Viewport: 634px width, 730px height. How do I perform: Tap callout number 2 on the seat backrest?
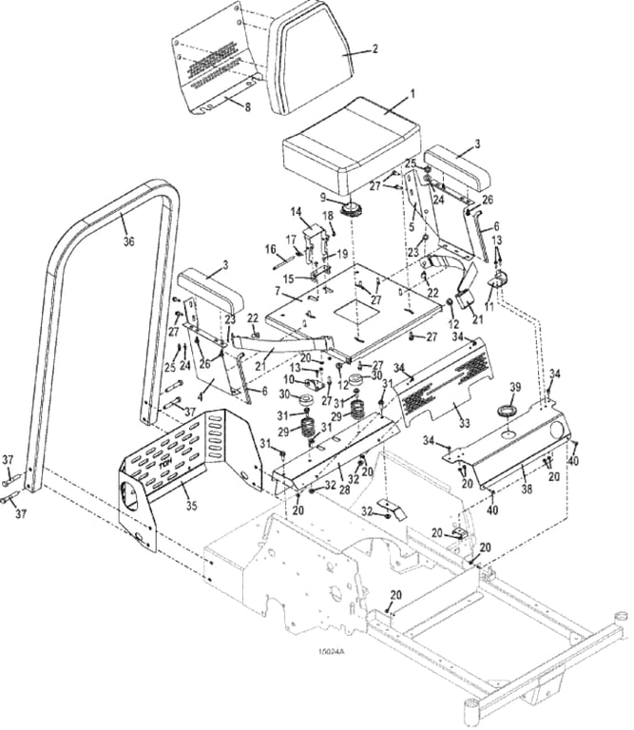374,48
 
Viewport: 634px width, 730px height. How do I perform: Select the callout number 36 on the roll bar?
128,240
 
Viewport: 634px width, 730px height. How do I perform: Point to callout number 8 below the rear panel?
248,107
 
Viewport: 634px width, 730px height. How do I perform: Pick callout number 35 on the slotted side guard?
192,505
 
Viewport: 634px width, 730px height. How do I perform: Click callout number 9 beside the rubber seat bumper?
323,197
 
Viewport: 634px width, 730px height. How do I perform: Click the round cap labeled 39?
507,412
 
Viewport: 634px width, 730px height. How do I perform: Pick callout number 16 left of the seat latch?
270,249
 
